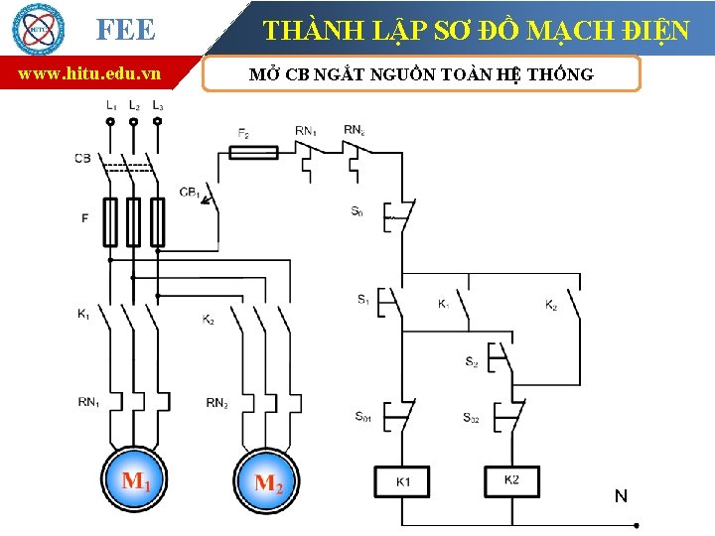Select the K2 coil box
pos(511,481)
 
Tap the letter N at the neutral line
pos(621,495)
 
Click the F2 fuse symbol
pos(253,151)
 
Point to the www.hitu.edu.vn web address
pos(90,73)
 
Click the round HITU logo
pos(37,29)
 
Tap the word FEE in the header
pos(126,30)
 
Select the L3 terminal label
pos(158,104)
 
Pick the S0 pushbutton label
pos(357,211)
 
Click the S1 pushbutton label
pos(363,299)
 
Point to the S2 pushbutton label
pos(471,362)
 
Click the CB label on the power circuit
pos(82,158)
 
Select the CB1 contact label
pos(190,192)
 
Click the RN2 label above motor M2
pos(216,402)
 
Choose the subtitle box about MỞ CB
pos(421,74)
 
